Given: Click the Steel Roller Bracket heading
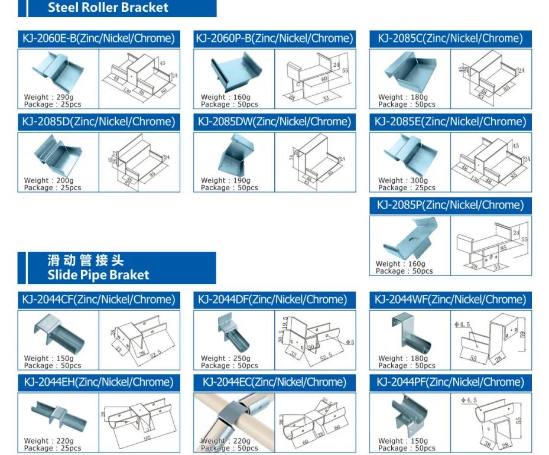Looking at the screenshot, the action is pos(108,8).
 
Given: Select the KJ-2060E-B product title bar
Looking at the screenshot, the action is pos(99,38).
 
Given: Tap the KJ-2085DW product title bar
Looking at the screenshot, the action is pos(274,122).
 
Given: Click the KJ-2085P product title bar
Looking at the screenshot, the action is pos(450,205).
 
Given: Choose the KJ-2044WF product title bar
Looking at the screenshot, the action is pos(450,300).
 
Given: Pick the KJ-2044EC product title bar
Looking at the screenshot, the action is pos(274,382).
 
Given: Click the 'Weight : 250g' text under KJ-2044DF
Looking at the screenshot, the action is pos(225,359).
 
